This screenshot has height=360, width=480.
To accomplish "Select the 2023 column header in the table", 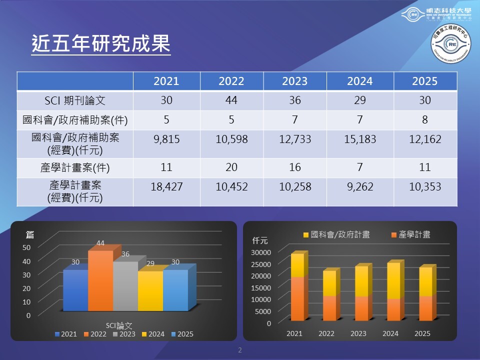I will (x=295, y=81).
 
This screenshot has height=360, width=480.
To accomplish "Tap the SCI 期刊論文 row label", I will (x=75, y=100).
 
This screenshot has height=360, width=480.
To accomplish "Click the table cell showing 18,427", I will (x=166, y=187).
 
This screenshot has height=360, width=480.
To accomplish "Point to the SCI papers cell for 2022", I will (x=231, y=100).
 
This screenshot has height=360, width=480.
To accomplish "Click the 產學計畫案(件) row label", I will (x=75, y=167).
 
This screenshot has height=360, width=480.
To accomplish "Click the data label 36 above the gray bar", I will (x=125, y=254).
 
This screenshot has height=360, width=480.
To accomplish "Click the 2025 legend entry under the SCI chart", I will (x=182, y=334).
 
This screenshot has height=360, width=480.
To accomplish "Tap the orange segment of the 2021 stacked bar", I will (x=296, y=298).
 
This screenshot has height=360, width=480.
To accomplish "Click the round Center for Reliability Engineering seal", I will (x=451, y=43).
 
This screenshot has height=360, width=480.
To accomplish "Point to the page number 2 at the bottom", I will (x=240, y=349).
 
